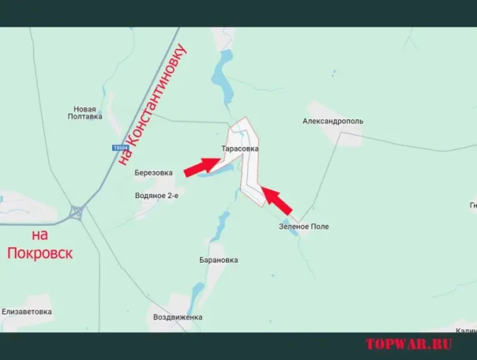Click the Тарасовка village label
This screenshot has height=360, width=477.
240,148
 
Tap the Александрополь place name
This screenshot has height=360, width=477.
332,122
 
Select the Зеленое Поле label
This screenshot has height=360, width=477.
303,227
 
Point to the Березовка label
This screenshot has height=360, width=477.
153,173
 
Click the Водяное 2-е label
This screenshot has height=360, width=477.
156,195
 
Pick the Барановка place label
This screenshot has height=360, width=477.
219,260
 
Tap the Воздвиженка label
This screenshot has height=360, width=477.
178,317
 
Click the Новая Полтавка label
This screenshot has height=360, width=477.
85,112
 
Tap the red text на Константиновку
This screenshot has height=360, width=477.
154,106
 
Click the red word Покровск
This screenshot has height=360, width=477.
39,253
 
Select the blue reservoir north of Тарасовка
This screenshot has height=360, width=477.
220,78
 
